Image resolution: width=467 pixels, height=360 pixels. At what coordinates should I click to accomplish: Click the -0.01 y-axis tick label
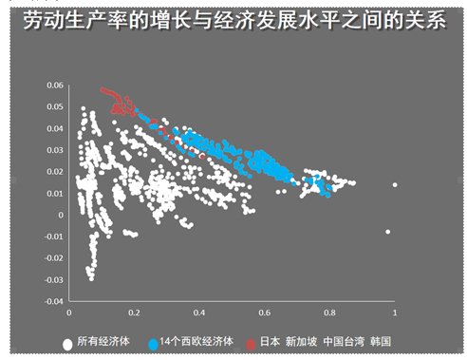click(51, 237)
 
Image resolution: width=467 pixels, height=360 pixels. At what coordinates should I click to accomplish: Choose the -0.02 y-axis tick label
click(51, 257)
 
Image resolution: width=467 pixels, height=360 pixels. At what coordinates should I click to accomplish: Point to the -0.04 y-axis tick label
click(51, 301)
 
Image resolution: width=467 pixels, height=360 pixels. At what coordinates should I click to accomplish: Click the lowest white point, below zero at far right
click(387, 232)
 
